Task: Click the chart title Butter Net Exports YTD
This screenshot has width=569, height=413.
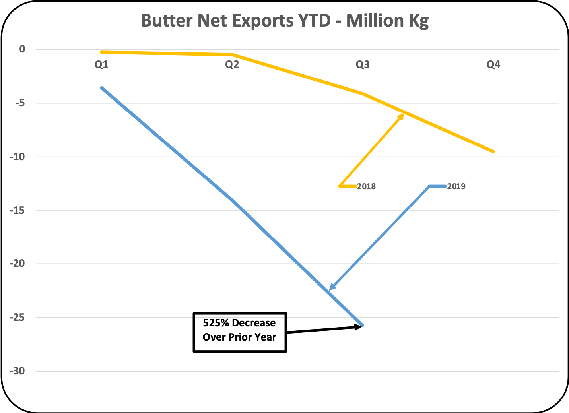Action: (x=285, y=21)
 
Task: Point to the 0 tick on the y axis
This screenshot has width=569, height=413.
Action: (x=22, y=49)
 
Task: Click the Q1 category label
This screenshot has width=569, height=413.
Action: (x=101, y=64)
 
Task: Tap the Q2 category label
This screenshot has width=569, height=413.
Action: (x=232, y=64)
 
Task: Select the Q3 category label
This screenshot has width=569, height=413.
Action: (x=363, y=64)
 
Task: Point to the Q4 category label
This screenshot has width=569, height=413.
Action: (x=493, y=64)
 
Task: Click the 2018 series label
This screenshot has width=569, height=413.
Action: (x=366, y=186)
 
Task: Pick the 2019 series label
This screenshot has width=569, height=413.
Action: (x=456, y=186)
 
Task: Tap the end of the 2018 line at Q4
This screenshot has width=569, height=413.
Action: (x=493, y=151)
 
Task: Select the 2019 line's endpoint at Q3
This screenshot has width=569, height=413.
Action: (x=362, y=325)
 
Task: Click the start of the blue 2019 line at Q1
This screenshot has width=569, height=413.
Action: (x=102, y=88)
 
